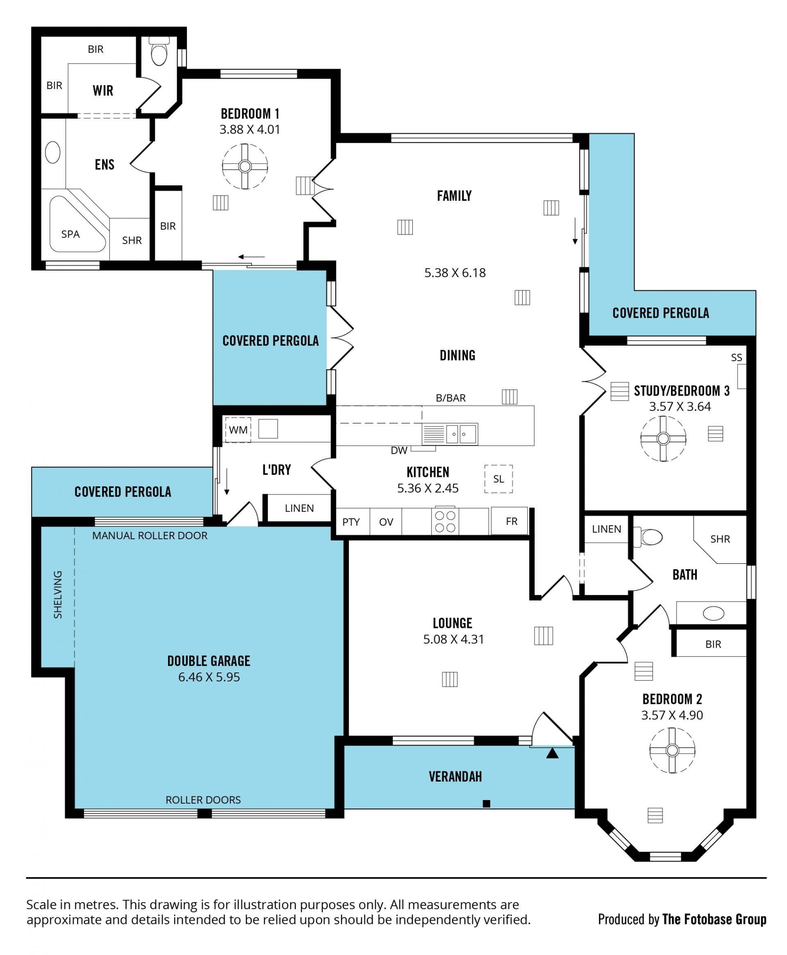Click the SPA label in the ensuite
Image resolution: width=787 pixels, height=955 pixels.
point(70,234)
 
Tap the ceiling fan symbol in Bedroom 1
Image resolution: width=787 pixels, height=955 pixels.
point(245,166)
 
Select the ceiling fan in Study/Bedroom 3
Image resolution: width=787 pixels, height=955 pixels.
point(663,438)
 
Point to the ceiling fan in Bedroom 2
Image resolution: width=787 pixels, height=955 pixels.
point(672,750)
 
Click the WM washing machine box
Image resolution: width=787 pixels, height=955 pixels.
point(238,429)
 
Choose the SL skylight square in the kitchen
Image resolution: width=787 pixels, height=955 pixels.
point(499,479)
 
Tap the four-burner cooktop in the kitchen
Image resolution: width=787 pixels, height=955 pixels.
point(445,522)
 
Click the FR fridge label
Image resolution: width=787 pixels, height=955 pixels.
point(512,522)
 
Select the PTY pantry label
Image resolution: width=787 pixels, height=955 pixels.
point(351,522)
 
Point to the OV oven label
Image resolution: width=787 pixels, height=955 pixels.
point(386,522)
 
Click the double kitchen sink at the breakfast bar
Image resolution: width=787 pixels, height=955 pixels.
point(462,434)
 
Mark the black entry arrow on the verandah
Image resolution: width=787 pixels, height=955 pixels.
point(552,753)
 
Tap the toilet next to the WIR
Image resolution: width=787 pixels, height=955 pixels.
point(159,51)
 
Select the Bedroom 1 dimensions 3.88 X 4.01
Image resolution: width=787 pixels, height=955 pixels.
point(250,130)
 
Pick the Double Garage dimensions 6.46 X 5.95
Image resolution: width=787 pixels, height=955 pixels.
point(209,677)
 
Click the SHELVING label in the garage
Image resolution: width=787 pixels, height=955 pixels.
point(57,595)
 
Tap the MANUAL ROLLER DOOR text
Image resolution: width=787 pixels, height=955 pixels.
point(150,536)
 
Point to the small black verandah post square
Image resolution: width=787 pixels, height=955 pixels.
point(487,804)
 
